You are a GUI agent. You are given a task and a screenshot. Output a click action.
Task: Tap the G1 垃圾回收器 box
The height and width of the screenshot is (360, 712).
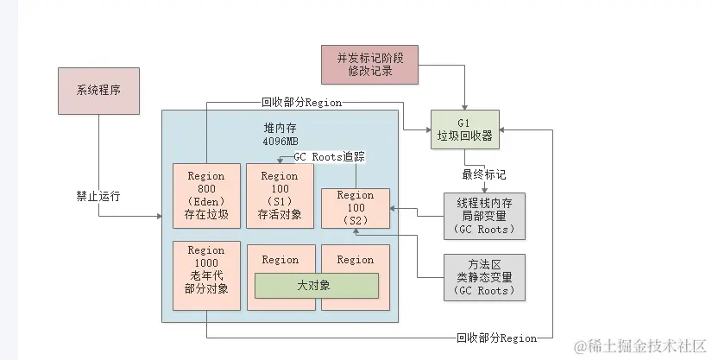[x=465, y=130]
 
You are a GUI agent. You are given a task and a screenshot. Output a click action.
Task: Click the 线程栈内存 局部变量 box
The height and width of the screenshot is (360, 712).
[x=485, y=216]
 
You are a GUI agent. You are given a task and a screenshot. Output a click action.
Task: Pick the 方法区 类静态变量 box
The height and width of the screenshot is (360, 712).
[x=485, y=276]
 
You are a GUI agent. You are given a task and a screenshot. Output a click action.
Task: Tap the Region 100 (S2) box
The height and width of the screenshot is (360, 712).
[x=356, y=208]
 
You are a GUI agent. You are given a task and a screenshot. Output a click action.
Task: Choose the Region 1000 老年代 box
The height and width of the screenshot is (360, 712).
[x=206, y=269]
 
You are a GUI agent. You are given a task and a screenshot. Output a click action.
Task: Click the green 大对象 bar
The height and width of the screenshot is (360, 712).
[x=317, y=285]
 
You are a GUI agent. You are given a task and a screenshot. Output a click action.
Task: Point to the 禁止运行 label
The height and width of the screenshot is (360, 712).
[x=98, y=196]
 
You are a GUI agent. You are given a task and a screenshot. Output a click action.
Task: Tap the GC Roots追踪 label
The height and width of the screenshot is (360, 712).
[x=329, y=158]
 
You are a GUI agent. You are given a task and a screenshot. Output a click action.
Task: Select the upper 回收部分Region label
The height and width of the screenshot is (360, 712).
[x=301, y=102]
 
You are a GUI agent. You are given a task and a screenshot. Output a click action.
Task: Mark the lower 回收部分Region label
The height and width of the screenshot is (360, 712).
[x=497, y=338]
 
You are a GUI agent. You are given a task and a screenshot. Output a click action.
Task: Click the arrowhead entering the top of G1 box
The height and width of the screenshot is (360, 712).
[x=465, y=107]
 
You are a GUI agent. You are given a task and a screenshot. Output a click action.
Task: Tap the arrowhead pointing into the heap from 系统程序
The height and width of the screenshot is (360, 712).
[x=159, y=215]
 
